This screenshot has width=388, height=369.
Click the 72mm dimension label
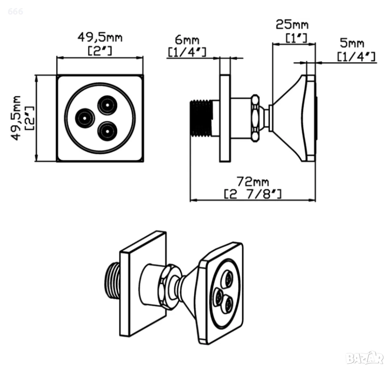(253, 181)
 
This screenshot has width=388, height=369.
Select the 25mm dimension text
(292, 25)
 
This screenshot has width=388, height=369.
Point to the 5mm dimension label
(352, 43)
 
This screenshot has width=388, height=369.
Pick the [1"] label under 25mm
(296, 38)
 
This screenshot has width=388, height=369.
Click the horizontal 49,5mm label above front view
(100, 37)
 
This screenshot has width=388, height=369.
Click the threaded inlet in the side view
(201, 118)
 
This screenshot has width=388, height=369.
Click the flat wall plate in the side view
(225, 118)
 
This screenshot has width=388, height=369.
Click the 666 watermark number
(15, 12)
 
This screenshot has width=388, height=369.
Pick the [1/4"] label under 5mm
(356, 57)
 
